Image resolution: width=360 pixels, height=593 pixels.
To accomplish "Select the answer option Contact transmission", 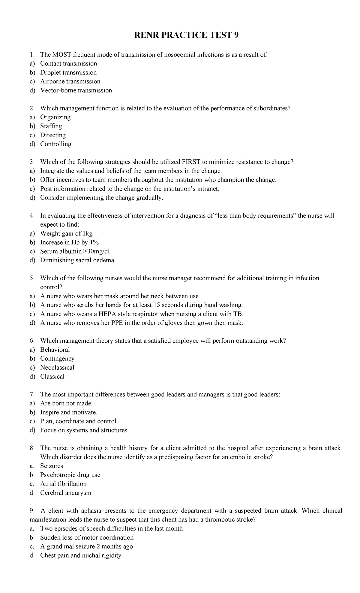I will point(68,64).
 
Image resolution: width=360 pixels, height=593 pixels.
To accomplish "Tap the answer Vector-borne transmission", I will point(76,90).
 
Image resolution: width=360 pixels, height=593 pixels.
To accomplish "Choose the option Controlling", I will point(56,144).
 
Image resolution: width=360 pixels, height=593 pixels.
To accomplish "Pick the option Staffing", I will point(51,126).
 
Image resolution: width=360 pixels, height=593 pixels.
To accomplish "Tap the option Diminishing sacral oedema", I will point(77,260).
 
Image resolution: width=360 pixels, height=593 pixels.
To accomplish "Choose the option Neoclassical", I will point(57,368).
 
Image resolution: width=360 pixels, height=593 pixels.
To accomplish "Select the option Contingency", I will point(57,359).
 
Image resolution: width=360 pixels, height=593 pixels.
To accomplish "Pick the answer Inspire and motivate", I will point(69,412).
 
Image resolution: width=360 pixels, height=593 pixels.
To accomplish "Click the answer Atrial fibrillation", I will point(63,484).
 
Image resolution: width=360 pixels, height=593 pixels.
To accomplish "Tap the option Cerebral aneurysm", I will point(66,493).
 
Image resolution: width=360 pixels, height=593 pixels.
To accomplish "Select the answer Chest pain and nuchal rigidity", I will point(81,555).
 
